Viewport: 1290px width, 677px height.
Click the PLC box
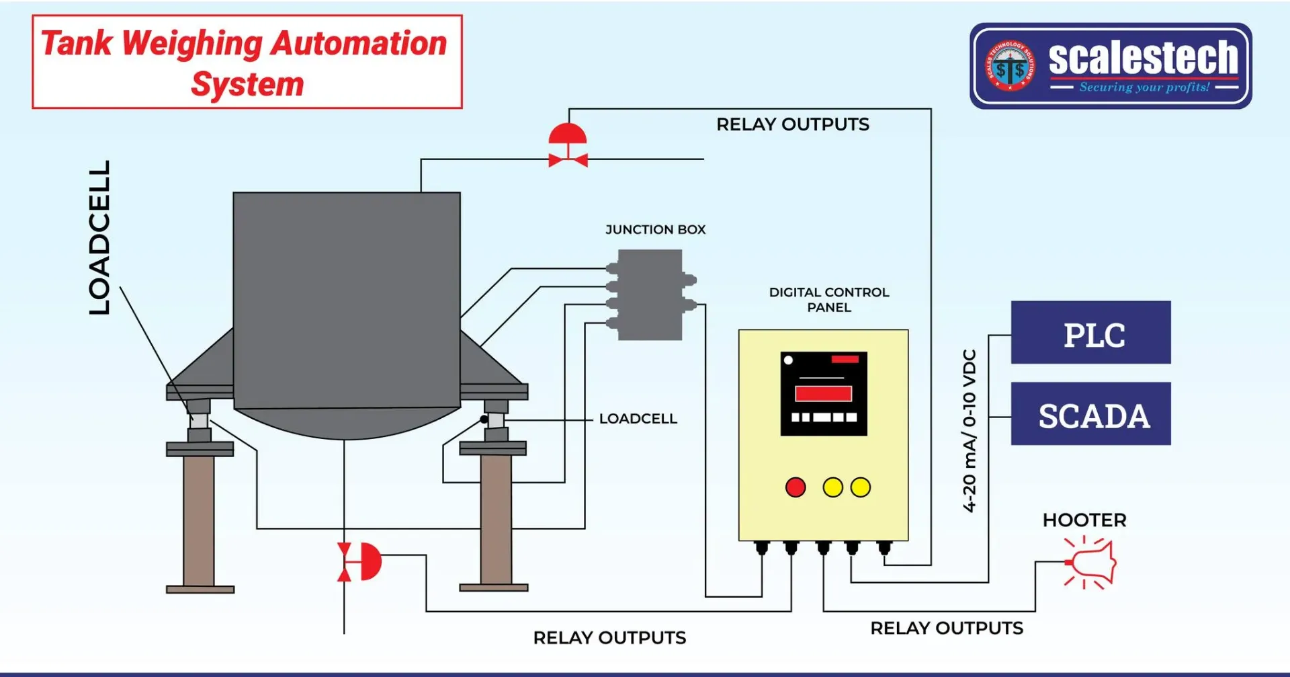[x=1090, y=333]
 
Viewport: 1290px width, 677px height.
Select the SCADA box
[x=1090, y=414]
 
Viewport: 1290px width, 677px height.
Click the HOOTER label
[x=1084, y=520]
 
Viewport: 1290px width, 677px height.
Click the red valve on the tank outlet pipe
[x=360, y=561]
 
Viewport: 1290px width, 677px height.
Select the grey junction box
[x=650, y=295]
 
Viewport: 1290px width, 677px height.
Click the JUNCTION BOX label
[x=655, y=230]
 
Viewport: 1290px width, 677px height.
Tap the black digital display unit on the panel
[x=824, y=393]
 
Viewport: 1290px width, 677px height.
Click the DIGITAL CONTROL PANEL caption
[x=828, y=300]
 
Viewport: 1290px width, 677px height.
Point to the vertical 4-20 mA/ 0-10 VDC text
[x=969, y=430]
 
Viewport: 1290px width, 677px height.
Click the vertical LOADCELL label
[x=99, y=237]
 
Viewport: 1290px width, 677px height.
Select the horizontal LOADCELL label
[x=638, y=419]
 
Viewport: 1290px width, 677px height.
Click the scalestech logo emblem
[x=1010, y=66]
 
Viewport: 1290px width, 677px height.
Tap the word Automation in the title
[x=359, y=44]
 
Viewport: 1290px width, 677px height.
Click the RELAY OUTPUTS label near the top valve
[x=792, y=125]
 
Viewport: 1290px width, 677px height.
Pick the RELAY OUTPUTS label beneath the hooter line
[x=946, y=629]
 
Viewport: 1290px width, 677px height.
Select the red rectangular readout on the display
[x=823, y=394]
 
